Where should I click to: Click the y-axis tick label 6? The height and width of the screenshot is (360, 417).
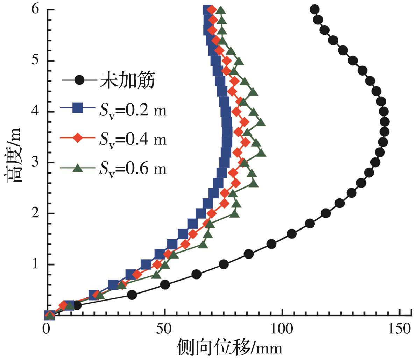click(x=36, y=10)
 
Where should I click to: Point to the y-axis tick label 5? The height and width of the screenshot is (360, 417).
click(x=36, y=61)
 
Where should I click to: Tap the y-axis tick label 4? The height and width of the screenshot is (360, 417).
click(x=36, y=112)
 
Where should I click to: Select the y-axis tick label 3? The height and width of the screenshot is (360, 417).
click(x=36, y=162)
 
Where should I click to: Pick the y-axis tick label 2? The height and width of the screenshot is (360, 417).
click(x=36, y=213)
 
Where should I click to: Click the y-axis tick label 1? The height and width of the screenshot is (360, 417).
click(x=36, y=264)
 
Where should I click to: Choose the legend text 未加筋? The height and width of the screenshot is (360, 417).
click(x=128, y=81)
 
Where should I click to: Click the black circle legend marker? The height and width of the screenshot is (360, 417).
click(x=80, y=80)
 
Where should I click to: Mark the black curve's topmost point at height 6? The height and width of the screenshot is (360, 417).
click(x=314, y=9)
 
